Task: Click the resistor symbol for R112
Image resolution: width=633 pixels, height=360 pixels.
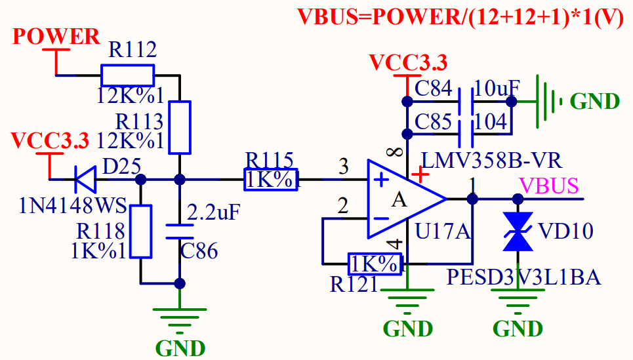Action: (x=127, y=75)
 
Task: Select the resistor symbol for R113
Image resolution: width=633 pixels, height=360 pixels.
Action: (x=180, y=127)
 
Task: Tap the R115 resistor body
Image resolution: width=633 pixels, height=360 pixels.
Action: (x=271, y=179)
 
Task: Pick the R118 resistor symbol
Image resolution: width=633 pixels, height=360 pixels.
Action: (x=140, y=231)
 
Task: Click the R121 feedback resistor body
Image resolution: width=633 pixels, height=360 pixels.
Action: (x=375, y=264)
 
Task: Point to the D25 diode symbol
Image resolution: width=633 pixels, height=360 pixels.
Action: (x=84, y=178)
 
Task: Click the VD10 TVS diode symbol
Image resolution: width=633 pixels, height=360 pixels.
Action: (x=518, y=231)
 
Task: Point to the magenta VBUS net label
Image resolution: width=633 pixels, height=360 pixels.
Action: (x=548, y=185)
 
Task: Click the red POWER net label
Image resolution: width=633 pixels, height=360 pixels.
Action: (x=56, y=37)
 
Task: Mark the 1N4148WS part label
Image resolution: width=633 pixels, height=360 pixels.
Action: (x=73, y=207)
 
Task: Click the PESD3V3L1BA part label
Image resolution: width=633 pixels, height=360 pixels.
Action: (x=523, y=277)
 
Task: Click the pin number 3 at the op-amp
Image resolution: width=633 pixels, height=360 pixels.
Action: (x=343, y=167)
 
